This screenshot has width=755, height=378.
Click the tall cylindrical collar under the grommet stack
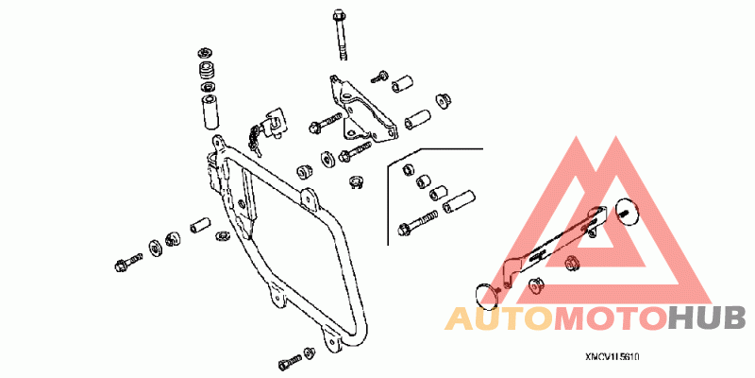pyautogui.click(x=210, y=111)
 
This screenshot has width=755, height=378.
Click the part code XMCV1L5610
pyautogui.click(x=611, y=358)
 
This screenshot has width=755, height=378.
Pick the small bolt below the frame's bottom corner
pyautogui.click(x=288, y=363)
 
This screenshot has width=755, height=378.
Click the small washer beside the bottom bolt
pyautogui.click(x=309, y=354)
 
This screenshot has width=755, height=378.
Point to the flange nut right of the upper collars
pyautogui.click(x=440, y=99)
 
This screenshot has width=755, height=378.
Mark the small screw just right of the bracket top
pyautogui.click(x=380, y=75)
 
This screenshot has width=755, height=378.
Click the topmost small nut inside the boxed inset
pyautogui.click(x=409, y=168)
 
